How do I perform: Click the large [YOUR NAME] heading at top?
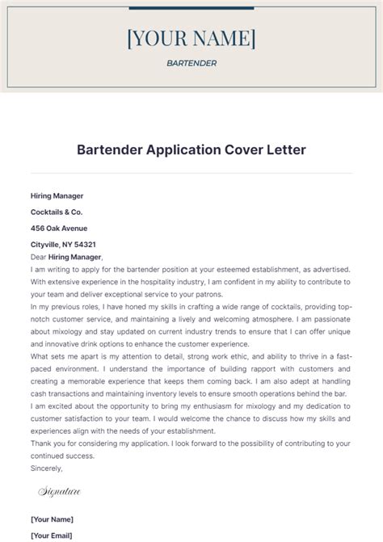tap(191, 38)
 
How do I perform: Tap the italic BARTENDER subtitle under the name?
tap(191, 63)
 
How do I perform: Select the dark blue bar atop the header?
tap(191, 9)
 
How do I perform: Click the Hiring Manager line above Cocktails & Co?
tap(57, 195)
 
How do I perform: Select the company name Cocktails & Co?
tap(56, 212)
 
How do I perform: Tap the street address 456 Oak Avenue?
tap(58, 228)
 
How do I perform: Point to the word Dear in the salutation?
tap(39, 256)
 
